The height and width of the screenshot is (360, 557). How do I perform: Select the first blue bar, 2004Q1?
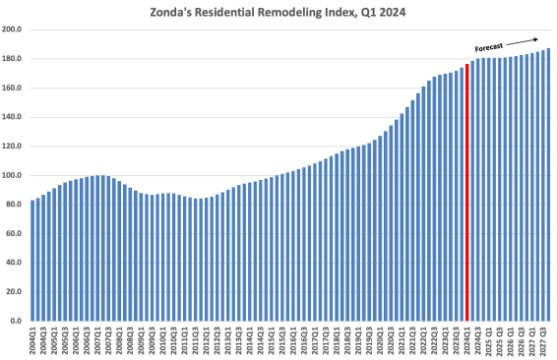click(33, 260)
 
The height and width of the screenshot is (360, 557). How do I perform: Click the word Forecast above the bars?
click(489, 47)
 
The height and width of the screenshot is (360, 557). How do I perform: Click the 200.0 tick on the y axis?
click(15, 30)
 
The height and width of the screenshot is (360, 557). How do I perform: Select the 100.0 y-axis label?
click(15, 175)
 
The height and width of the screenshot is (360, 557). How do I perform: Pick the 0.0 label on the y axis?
click(18, 321)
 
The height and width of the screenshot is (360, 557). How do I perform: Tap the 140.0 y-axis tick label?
click(15, 117)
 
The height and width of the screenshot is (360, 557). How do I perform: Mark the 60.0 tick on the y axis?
click(16, 233)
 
